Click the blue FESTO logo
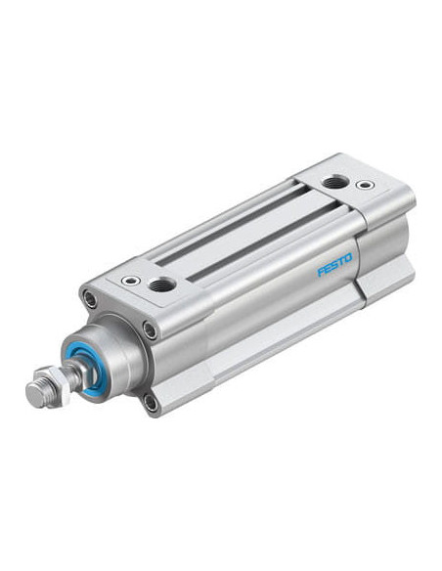[x=335, y=264]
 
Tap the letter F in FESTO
[x=321, y=272]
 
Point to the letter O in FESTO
[x=347, y=258]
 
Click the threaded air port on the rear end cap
[x=332, y=181]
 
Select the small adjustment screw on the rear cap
[x=364, y=185]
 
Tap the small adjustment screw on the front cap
[x=131, y=280]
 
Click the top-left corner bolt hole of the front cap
[x=90, y=298]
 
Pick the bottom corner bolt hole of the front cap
[x=150, y=403]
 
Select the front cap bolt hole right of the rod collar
[x=150, y=330]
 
